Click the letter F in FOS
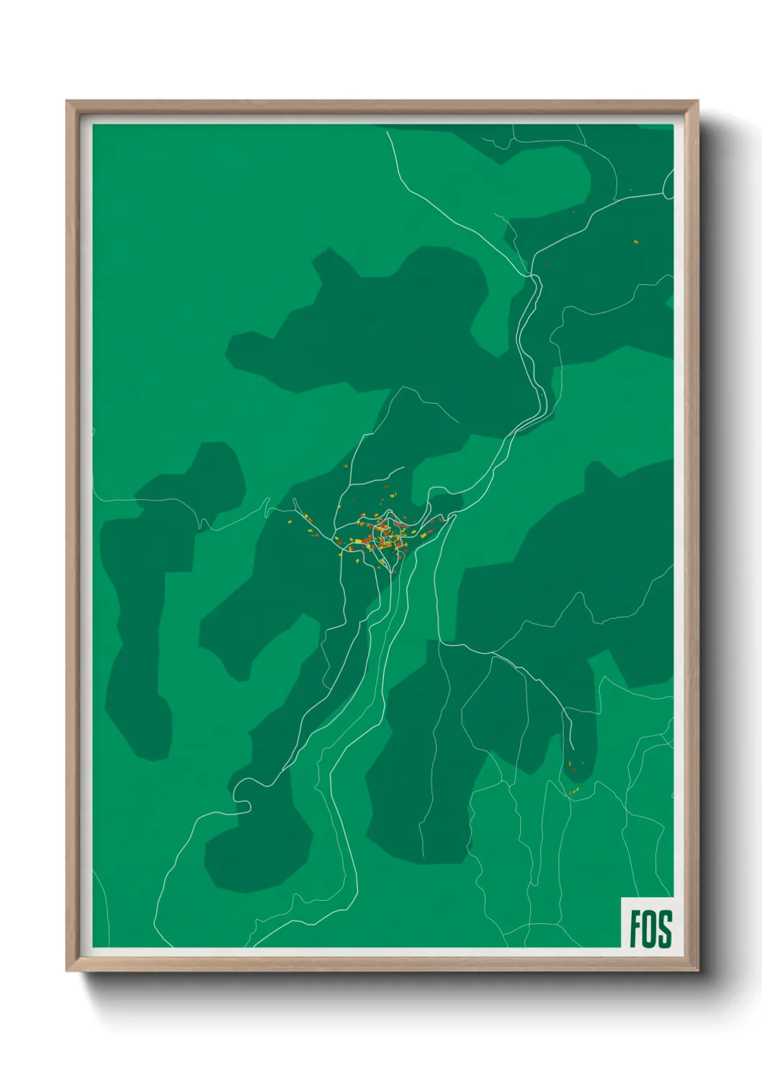pyautogui.click(x=636, y=928)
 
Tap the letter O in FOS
pyautogui.click(x=650, y=928)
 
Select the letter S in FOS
pyautogui.click(x=664, y=928)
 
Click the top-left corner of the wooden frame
pyautogui.click(x=68, y=102)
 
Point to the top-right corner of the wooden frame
pyautogui.click(x=696, y=102)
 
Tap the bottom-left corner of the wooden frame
pyautogui.click(x=68, y=970)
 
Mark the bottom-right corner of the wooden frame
pyautogui.click(x=696, y=970)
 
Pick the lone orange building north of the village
pyautogui.click(x=346, y=466)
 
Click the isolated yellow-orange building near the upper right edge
pyautogui.click(x=636, y=242)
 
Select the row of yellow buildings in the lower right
pyautogui.click(x=574, y=792)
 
